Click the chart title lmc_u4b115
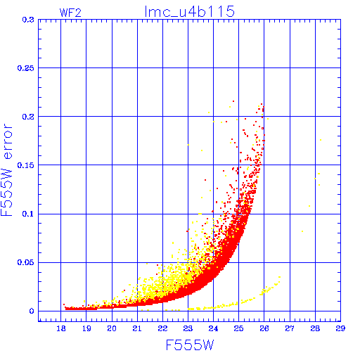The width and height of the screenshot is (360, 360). (190, 12)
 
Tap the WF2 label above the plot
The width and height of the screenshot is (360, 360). (70, 13)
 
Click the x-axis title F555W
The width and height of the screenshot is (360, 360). (190, 345)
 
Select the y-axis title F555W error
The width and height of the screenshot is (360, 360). (6, 170)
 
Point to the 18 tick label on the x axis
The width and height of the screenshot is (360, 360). (61, 328)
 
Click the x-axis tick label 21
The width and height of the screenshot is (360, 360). (137, 328)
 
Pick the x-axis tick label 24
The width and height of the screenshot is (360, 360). (213, 328)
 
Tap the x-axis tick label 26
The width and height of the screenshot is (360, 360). (264, 328)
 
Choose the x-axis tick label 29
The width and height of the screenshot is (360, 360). (340, 328)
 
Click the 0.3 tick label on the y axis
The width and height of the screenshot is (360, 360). (28, 20)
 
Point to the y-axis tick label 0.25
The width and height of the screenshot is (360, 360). (26, 68)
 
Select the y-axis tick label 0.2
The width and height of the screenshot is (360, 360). (28, 117)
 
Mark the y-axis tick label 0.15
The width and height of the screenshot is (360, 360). (26, 165)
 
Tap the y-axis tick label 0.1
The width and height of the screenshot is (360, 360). (28, 214)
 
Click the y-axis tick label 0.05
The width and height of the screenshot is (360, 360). (26, 262)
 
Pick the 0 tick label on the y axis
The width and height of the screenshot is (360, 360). (32, 311)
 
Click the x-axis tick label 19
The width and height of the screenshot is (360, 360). (86, 328)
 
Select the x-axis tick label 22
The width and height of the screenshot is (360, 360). (162, 328)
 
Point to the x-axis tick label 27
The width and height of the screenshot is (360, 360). (290, 328)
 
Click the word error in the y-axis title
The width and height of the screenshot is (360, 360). (8, 141)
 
